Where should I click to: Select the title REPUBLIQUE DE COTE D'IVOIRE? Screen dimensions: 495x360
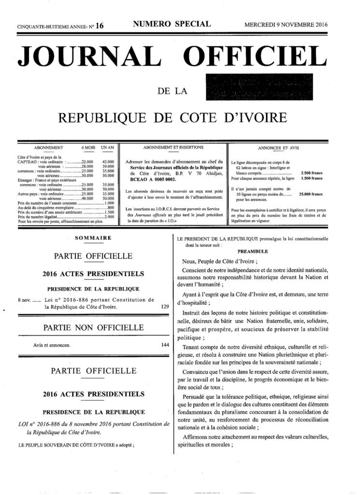[179, 117]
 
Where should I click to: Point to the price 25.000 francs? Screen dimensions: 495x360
[314, 194]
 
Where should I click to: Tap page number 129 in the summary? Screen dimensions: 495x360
[163, 306]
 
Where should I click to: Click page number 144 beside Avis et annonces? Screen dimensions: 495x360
[163, 346]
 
